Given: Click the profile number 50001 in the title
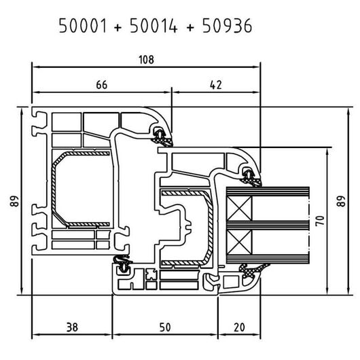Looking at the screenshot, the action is (83, 26).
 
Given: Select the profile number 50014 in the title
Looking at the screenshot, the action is (154, 26).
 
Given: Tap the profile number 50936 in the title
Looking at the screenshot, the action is (227, 26).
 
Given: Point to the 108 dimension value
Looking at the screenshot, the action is (146, 60).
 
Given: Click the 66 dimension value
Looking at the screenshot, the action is (101, 85).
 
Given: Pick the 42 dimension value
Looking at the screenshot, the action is (216, 85).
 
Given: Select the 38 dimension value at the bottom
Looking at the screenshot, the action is (72, 327).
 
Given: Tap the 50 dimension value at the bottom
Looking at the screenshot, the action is (165, 327).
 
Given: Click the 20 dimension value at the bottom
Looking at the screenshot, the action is (240, 327).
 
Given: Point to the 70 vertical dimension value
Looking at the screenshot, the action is (320, 221).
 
